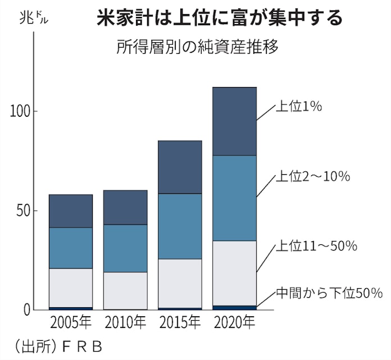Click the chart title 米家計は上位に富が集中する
(x=219, y=19)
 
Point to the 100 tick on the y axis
(x=22, y=111)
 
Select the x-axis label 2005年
(x=70, y=323)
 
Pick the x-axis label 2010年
(x=125, y=323)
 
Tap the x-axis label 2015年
(x=180, y=323)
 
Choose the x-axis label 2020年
(x=234, y=323)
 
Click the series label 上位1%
(x=298, y=107)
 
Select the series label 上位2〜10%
(x=312, y=176)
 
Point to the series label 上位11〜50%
(x=316, y=246)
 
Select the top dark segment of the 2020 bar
(x=234, y=121)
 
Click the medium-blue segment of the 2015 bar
(x=180, y=226)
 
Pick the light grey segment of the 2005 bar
(x=70, y=288)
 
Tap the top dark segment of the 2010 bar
(x=125, y=207)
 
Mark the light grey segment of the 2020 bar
(x=234, y=273)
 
